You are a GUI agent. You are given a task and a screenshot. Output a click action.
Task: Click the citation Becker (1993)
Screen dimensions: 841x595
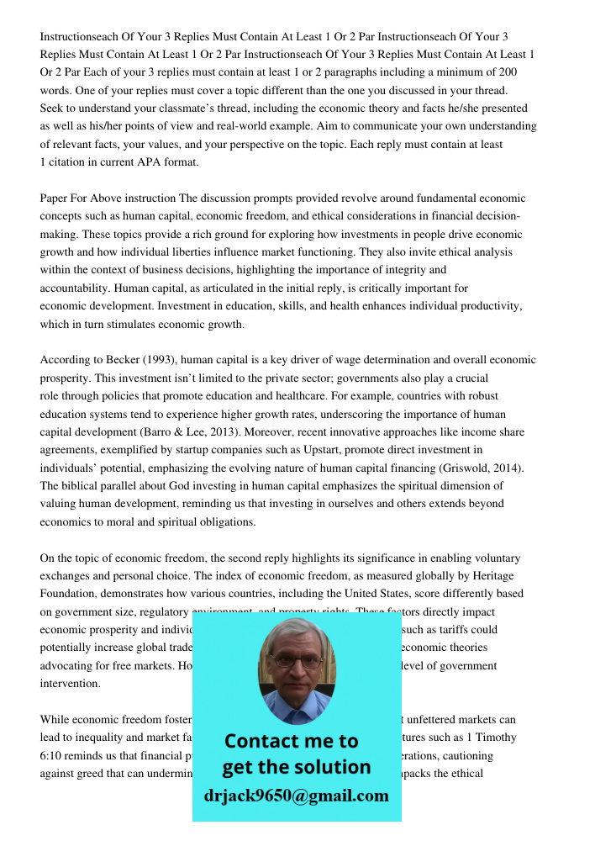pos(130,360)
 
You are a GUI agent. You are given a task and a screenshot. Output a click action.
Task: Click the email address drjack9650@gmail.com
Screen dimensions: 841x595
pos(297,796)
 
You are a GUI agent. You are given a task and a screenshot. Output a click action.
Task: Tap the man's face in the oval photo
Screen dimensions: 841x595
pos(296,664)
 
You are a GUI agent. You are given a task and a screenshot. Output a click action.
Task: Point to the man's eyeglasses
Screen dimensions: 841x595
pos(295,659)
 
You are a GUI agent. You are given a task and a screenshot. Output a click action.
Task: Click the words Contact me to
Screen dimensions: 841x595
pos(291,741)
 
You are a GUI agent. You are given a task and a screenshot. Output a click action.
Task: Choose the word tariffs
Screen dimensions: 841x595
pos(453,629)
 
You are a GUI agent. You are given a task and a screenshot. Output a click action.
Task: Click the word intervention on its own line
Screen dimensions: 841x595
pos(70,684)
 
